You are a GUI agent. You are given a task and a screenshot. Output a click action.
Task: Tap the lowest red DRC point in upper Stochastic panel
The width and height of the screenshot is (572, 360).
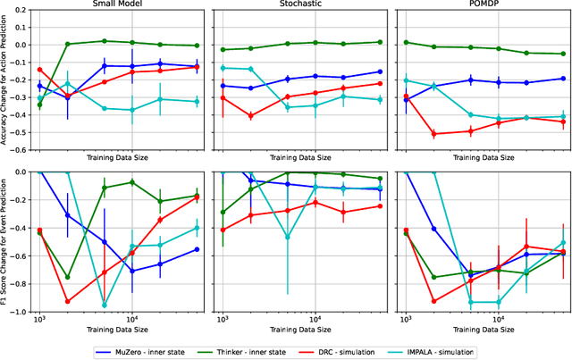click(x=250, y=116)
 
